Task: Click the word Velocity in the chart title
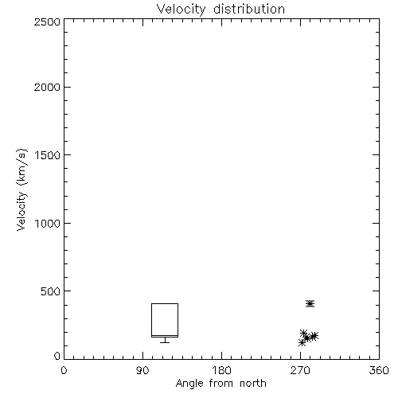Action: click(x=181, y=10)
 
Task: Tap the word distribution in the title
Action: click(x=249, y=9)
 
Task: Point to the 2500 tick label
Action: click(x=47, y=21)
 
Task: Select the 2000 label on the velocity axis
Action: click(x=47, y=88)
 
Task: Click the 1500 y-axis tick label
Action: click(x=48, y=155)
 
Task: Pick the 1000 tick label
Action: click(x=48, y=224)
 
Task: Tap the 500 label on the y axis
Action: click(x=51, y=291)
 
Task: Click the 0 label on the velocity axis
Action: click(x=57, y=356)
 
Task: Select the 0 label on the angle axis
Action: click(x=64, y=370)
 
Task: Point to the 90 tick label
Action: click(x=142, y=370)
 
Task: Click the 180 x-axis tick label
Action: click(x=221, y=370)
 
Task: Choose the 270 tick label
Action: click(x=300, y=370)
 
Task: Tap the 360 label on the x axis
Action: click(x=379, y=370)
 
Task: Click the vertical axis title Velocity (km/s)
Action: click(x=21, y=189)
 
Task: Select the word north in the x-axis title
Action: click(x=253, y=384)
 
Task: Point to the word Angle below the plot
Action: click(x=189, y=384)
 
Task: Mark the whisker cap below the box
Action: click(x=165, y=342)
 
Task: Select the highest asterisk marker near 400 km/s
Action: click(x=310, y=303)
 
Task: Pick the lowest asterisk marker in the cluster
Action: click(x=302, y=343)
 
